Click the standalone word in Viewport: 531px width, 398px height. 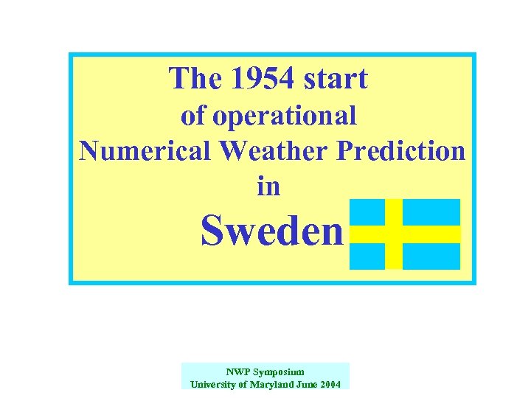(x=268, y=186)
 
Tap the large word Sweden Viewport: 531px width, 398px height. (x=272, y=231)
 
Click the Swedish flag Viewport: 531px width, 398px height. (x=404, y=234)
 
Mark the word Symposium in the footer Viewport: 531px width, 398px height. (x=278, y=372)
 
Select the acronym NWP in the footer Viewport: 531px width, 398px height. (x=238, y=372)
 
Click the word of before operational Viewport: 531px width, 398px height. (x=194, y=116)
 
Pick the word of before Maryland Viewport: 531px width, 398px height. (x=246, y=384)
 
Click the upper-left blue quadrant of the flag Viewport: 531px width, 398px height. (x=367, y=212)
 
